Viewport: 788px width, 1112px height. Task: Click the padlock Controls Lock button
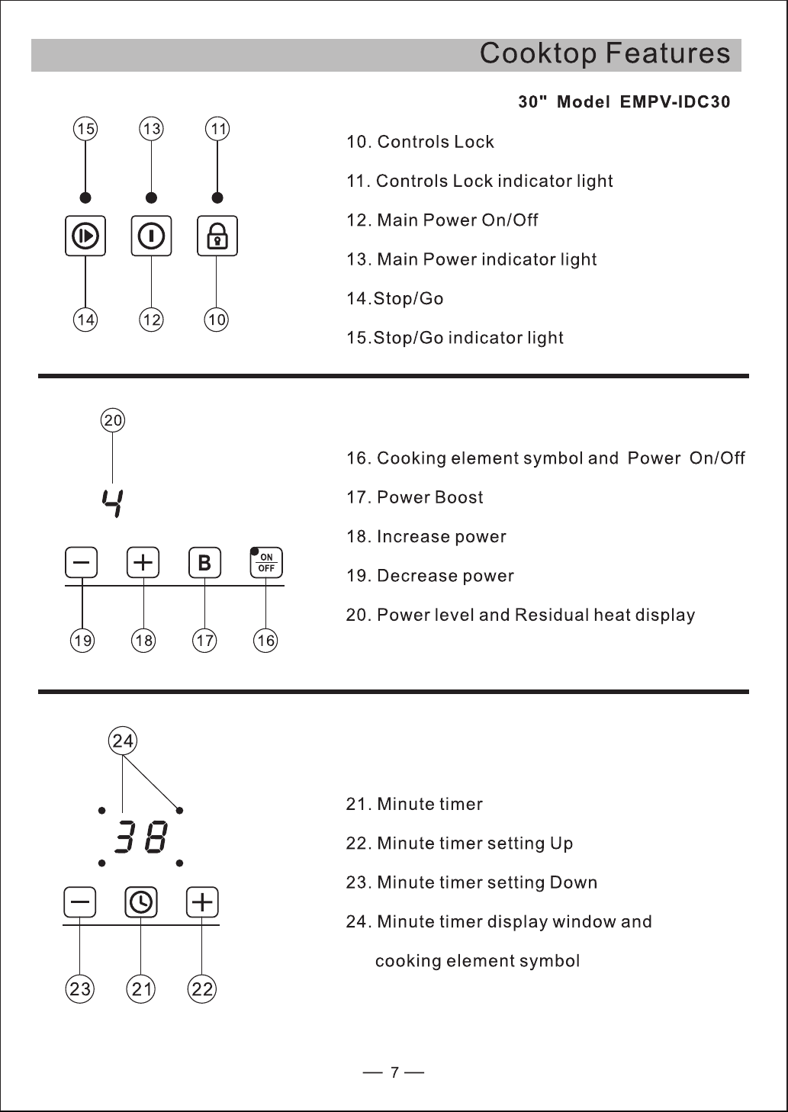pos(217,236)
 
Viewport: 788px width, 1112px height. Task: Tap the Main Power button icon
pos(152,236)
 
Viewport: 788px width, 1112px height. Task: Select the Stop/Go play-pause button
pos(85,236)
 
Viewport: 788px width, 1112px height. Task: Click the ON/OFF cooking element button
pos(266,562)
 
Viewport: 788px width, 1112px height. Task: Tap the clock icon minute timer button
pos(141,902)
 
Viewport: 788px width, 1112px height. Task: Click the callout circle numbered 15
pos(85,129)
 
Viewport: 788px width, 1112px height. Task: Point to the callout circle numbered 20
pos(113,420)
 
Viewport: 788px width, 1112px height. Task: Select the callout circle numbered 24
pos(123,741)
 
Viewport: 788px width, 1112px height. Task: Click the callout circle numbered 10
pos(217,320)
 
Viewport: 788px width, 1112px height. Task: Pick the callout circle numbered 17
pos(204,641)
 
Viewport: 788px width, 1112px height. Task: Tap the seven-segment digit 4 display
pos(113,503)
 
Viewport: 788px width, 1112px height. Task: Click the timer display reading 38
pos(141,837)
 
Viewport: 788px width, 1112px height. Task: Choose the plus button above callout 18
pos(143,562)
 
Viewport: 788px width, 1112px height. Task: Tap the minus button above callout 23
pos(80,902)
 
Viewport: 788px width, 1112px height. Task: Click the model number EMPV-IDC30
pos(675,101)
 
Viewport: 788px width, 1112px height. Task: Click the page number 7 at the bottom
pos(394,1073)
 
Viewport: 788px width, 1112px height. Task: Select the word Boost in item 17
pos(458,497)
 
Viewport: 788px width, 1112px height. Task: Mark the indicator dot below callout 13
pos(152,198)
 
